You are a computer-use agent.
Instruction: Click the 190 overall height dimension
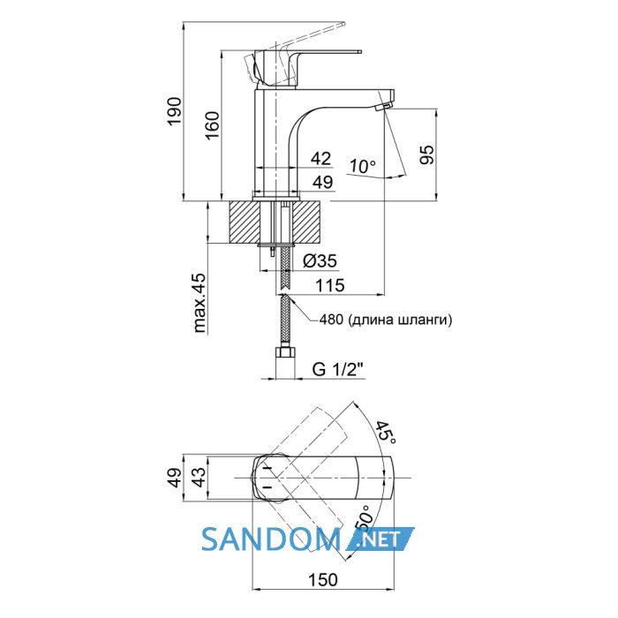click(174, 110)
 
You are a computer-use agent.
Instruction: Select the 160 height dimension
click(212, 125)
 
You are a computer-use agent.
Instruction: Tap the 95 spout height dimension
click(426, 154)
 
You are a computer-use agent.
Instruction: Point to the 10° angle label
click(363, 166)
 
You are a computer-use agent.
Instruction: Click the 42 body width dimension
click(320, 158)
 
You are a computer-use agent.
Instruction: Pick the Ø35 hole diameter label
click(320, 260)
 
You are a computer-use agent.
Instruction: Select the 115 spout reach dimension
click(330, 285)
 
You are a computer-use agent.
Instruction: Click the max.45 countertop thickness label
click(200, 303)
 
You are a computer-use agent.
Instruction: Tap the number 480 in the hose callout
click(331, 320)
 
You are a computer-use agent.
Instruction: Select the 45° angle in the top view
click(385, 433)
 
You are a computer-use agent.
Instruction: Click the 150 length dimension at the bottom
click(323, 580)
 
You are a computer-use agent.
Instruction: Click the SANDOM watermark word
click(271, 539)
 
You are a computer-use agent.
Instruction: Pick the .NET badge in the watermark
click(380, 539)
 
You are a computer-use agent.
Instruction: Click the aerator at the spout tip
click(385, 106)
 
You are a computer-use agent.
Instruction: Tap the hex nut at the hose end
click(285, 352)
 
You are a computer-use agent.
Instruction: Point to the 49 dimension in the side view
click(323, 182)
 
